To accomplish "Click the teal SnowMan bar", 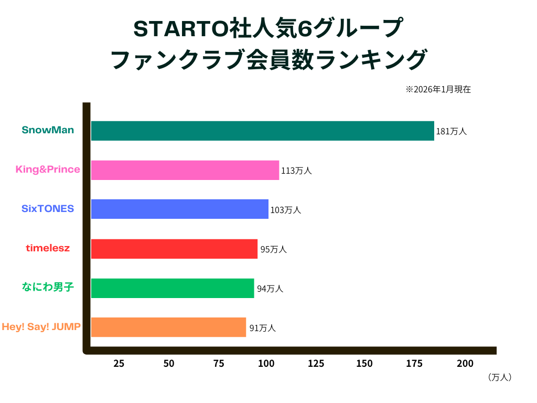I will tap(262, 131).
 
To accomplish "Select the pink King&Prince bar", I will tap(185, 170).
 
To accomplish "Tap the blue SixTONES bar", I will tap(179, 209).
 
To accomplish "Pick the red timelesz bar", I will tap(174, 249).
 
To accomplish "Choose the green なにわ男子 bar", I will tap(172, 288).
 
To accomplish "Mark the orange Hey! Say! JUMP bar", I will tap(168, 327).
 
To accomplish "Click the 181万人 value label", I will tap(451, 132).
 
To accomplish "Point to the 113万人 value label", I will tap(296, 171).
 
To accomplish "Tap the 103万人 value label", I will tap(285, 210).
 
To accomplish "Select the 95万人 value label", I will tap(273, 249).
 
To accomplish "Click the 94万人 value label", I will tap(270, 289).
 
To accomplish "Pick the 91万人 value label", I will tap(262, 328).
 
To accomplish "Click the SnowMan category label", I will tap(48, 130).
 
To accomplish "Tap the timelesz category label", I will tap(48, 248).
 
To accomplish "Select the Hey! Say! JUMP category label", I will tap(41, 326).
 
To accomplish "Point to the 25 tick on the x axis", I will tap(119, 364).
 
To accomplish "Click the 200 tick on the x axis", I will tap(465, 364).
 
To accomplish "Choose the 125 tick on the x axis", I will tap(316, 364).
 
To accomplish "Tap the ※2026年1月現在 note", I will tap(438, 89).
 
